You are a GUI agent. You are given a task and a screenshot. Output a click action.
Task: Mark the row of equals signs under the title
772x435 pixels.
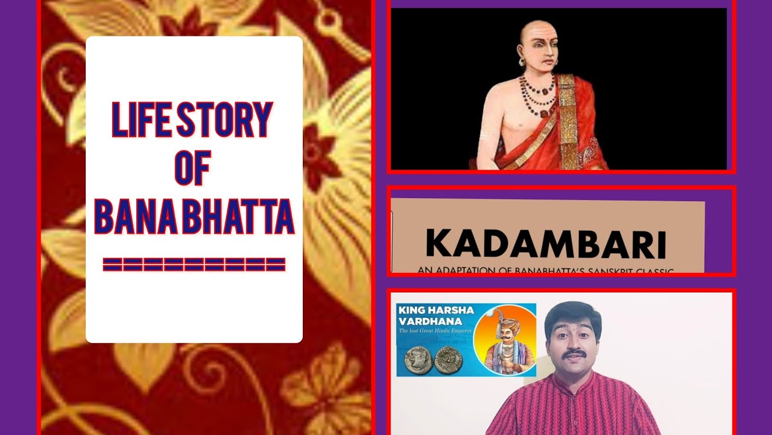pos(194,264)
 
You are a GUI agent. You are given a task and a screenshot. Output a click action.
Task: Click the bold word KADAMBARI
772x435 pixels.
pos(546,245)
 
